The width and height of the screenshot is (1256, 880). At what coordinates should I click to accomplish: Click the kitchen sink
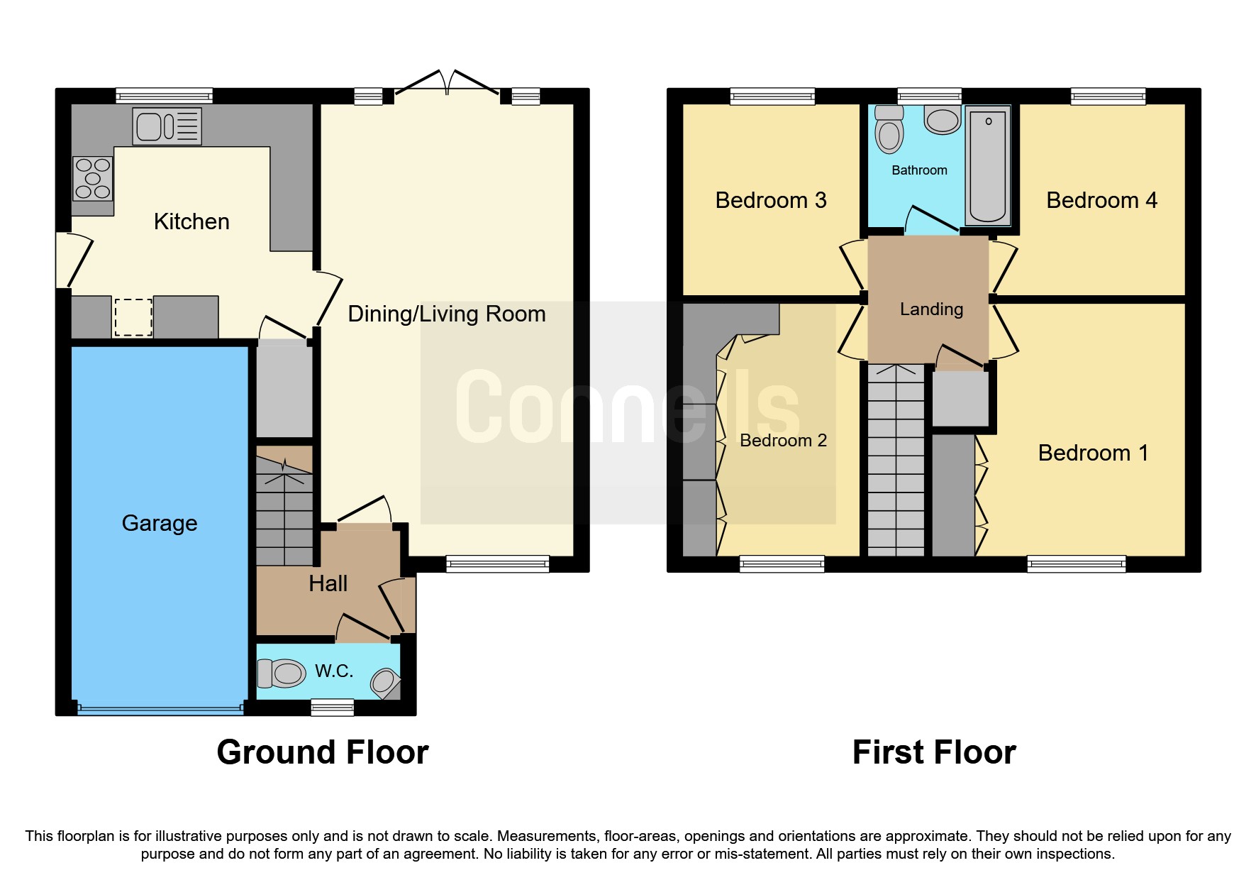pyautogui.click(x=167, y=127)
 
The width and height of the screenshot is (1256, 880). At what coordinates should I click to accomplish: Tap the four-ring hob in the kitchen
pyautogui.click(x=93, y=178)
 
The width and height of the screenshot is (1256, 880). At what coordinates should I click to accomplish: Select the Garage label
pyautogui.click(x=160, y=523)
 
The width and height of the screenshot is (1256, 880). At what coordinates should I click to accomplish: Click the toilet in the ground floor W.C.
pyautogui.click(x=282, y=673)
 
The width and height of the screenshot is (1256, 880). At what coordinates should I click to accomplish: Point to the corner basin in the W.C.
pyautogui.click(x=384, y=682)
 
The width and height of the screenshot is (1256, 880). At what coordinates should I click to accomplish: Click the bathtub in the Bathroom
pyautogui.click(x=988, y=166)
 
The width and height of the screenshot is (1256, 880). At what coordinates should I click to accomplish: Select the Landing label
pyautogui.click(x=931, y=309)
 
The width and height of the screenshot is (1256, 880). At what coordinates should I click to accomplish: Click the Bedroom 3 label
pyautogui.click(x=771, y=201)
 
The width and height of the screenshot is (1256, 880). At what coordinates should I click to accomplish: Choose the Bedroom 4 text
pyautogui.click(x=1101, y=201)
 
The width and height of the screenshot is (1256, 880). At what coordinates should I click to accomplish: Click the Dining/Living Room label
pyautogui.click(x=447, y=314)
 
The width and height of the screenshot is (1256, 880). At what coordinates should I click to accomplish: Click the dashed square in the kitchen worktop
pyautogui.click(x=133, y=317)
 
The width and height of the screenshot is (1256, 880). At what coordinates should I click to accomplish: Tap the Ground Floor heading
pyautogui.click(x=323, y=752)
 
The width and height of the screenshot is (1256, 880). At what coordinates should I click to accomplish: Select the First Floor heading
pyautogui.click(x=934, y=752)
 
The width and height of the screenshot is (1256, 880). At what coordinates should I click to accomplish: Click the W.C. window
pyautogui.click(x=333, y=707)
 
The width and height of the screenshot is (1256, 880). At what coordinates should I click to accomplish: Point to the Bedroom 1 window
pyautogui.click(x=1076, y=565)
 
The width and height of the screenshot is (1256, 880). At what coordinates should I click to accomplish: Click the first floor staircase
pyautogui.click(x=896, y=461)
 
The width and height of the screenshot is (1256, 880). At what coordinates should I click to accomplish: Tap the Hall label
pyautogui.click(x=328, y=584)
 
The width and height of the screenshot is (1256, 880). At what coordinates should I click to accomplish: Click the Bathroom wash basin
pyautogui.click(x=943, y=121)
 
